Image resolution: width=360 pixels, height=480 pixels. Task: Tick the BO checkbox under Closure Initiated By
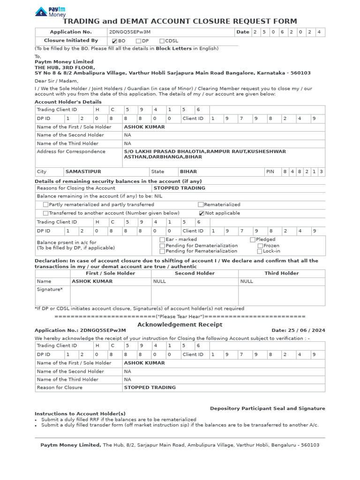click(x=115, y=41)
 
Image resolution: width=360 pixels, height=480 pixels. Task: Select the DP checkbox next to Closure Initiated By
click(x=138, y=41)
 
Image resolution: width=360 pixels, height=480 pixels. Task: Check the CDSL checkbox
click(x=162, y=41)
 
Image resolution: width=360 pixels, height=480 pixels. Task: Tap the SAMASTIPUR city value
click(x=83, y=172)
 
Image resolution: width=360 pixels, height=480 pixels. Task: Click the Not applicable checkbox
click(x=202, y=213)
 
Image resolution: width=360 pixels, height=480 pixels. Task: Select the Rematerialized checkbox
click(x=201, y=205)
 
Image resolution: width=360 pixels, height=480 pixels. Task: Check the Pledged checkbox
click(x=253, y=240)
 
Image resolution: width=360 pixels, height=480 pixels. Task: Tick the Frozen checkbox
click(x=260, y=246)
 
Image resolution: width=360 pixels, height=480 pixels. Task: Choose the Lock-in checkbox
click(x=260, y=251)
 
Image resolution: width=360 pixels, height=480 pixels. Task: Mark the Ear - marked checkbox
click(x=162, y=240)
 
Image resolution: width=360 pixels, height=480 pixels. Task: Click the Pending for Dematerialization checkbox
click(x=162, y=246)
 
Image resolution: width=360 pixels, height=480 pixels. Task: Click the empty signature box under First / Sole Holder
click(x=110, y=295)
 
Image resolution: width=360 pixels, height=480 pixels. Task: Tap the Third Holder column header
click(x=281, y=273)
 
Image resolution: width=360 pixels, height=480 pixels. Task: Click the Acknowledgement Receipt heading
click(x=180, y=324)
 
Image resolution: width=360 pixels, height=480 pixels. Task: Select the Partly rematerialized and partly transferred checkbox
click(x=45, y=205)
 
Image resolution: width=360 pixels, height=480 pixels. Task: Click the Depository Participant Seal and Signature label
click(x=267, y=408)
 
